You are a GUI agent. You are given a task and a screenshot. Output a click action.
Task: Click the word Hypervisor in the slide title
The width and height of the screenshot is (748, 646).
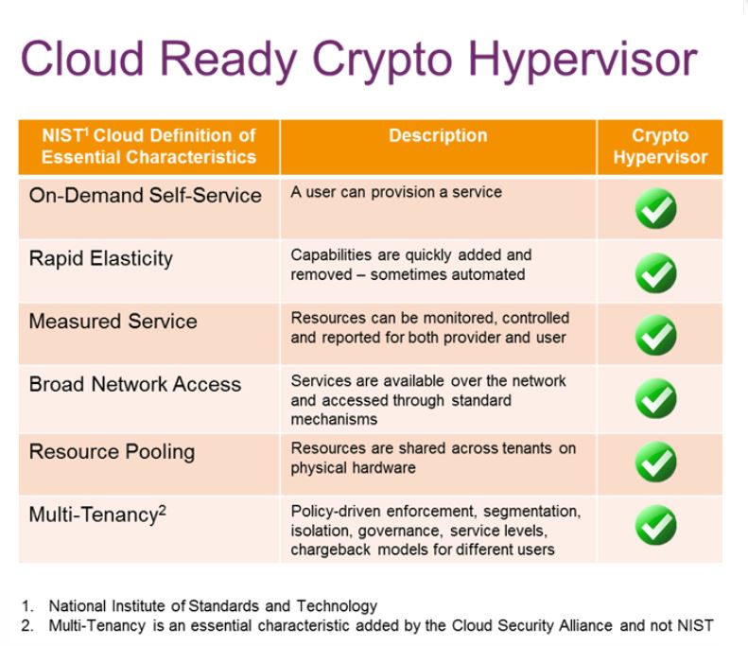(583, 60)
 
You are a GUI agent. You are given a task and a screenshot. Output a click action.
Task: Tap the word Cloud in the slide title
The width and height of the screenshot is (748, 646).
(82, 58)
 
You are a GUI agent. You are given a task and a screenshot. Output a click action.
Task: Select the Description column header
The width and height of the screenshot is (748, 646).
(438, 135)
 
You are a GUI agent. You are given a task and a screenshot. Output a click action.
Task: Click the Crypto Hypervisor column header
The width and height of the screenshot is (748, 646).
(660, 146)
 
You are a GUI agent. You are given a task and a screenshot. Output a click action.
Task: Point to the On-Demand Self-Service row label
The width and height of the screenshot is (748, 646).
(145, 195)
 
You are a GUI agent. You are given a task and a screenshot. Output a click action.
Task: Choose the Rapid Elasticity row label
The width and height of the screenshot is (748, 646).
(100, 258)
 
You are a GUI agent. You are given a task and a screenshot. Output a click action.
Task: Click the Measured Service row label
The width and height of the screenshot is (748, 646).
(113, 321)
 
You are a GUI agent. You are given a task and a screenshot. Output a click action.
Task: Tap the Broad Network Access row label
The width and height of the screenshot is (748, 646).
(135, 384)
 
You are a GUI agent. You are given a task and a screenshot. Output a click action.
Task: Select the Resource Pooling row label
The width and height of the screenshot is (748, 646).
(112, 452)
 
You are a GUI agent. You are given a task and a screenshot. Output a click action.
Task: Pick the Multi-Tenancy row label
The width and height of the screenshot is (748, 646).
(97, 515)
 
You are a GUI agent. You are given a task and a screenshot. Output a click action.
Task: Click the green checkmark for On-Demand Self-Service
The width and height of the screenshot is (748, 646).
(656, 208)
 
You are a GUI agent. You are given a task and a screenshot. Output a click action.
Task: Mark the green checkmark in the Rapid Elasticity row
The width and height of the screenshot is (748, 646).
(656, 273)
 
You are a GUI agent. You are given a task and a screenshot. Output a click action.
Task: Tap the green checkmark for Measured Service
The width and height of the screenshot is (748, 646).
(656, 335)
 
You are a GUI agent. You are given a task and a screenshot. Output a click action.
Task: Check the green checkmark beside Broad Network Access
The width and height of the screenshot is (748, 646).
(656, 398)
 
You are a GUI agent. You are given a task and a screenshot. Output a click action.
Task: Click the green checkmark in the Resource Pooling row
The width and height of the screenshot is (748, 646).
(656, 462)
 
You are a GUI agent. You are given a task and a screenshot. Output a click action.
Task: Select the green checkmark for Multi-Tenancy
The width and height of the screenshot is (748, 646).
(656, 525)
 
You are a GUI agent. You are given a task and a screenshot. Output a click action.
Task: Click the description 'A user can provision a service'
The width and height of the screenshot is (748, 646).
(396, 192)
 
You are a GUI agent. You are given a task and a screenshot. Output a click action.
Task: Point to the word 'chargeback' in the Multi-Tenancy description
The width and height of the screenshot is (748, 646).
(331, 550)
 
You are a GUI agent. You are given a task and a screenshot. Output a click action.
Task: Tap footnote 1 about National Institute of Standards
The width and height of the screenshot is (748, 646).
(200, 606)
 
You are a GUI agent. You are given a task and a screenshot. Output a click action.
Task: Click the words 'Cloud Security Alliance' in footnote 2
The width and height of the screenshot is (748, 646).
(531, 625)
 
